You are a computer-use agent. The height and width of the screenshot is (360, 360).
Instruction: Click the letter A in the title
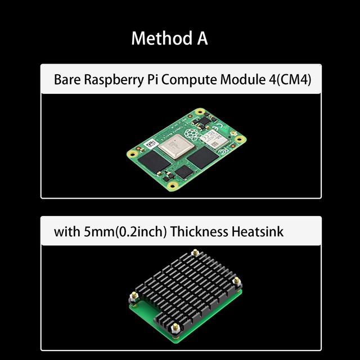201,39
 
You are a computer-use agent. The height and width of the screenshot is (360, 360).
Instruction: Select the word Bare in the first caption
67,79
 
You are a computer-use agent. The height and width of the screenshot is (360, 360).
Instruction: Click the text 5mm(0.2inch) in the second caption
115,231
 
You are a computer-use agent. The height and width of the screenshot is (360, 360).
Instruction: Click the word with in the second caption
65,231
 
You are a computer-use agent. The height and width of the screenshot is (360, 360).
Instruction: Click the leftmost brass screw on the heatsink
134,295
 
